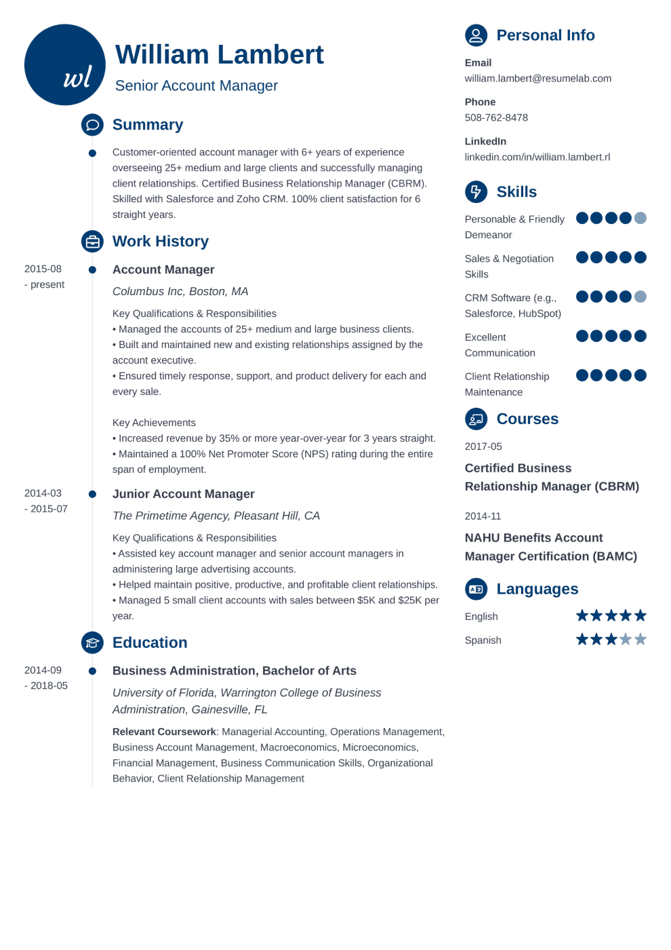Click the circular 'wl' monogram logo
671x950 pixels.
tap(65, 65)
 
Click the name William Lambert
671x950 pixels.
tap(219, 55)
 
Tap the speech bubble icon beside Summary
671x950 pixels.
tap(92, 125)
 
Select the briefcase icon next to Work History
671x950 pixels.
tap(92, 242)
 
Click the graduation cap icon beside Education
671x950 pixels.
tap(92, 643)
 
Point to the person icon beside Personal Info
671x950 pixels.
tap(476, 35)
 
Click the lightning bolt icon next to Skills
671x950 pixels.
tap(476, 192)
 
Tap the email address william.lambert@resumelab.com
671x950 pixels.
tap(537, 79)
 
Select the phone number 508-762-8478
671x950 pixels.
tap(496, 118)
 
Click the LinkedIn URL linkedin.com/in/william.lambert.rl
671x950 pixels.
tap(537, 157)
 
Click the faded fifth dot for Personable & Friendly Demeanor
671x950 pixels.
tap(640, 218)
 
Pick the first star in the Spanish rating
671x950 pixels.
tap(582, 639)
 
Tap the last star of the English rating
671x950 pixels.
tap(640, 615)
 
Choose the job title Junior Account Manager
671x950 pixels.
tap(183, 494)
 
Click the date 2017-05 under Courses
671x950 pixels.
tap(483, 446)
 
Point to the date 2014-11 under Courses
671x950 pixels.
tap(483, 516)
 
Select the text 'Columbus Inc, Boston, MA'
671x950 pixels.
tap(180, 292)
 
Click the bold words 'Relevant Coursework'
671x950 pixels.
tap(164, 732)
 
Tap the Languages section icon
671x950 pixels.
tap(476, 589)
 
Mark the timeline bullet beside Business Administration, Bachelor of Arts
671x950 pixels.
tap(92, 671)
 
